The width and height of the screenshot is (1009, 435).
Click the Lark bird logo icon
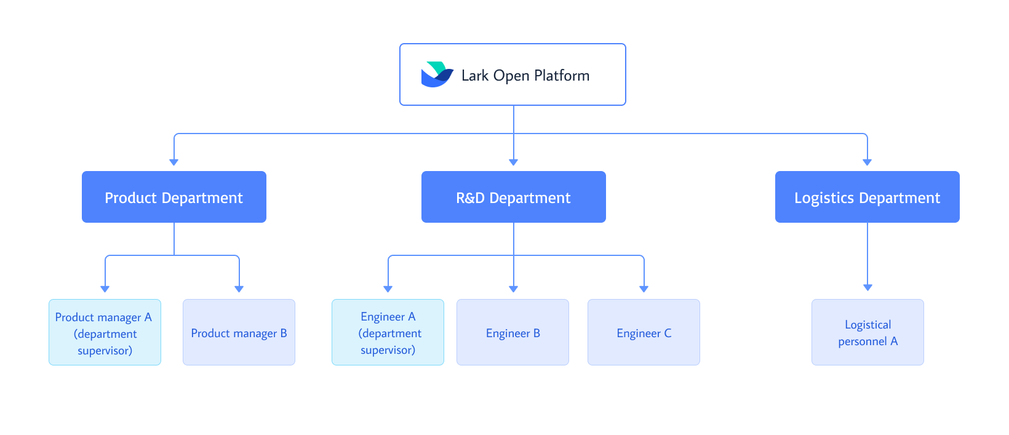(437, 74)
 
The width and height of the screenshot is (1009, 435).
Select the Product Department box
(174, 197)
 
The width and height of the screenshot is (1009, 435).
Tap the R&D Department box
(514, 197)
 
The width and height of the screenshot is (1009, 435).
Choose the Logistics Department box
(867, 197)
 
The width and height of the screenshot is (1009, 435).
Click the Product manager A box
(105, 332)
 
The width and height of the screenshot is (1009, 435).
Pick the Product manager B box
(239, 332)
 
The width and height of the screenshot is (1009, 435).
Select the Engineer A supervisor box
(388, 332)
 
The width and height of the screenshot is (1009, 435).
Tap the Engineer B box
(512, 332)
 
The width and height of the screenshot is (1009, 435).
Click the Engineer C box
(644, 332)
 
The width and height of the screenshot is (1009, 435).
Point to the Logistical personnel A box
(867, 332)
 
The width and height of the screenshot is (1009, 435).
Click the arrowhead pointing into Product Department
(174, 162)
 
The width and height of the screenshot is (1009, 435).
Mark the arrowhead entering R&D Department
(514, 162)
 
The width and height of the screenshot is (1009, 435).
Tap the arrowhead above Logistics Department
(867, 162)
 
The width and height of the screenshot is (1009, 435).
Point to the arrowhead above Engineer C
(644, 289)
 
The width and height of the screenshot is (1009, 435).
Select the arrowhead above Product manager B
(239, 289)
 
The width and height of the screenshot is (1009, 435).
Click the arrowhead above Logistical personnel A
(867, 288)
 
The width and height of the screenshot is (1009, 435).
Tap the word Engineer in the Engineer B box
(508, 333)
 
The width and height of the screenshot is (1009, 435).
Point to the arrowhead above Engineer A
(388, 289)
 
